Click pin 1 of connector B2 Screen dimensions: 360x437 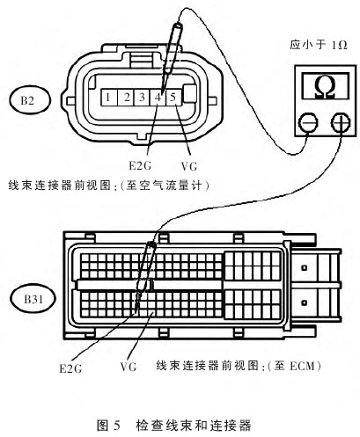(109, 98)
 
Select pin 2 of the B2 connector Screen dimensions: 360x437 (126, 98)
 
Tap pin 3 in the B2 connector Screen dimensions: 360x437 (142, 98)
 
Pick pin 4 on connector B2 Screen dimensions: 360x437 (158, 98)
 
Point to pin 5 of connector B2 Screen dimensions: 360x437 (174, 98)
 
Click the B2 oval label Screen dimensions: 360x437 (30, 100)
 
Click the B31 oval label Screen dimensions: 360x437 (33, 299)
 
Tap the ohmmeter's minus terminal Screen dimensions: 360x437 (308, 123)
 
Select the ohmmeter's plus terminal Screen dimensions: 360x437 (341, 123)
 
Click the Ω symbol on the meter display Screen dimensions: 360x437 (325, 87)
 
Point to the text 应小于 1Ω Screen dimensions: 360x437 (319, 45)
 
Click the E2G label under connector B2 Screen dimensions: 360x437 (140, 166)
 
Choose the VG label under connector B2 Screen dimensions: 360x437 (189, 166)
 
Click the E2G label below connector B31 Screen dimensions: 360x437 (70, 368)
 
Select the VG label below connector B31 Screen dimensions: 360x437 (129, 367)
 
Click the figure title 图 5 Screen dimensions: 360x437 (108, 425)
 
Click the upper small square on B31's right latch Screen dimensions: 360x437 (305, 267)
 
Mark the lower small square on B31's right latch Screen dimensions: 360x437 (305, 302)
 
